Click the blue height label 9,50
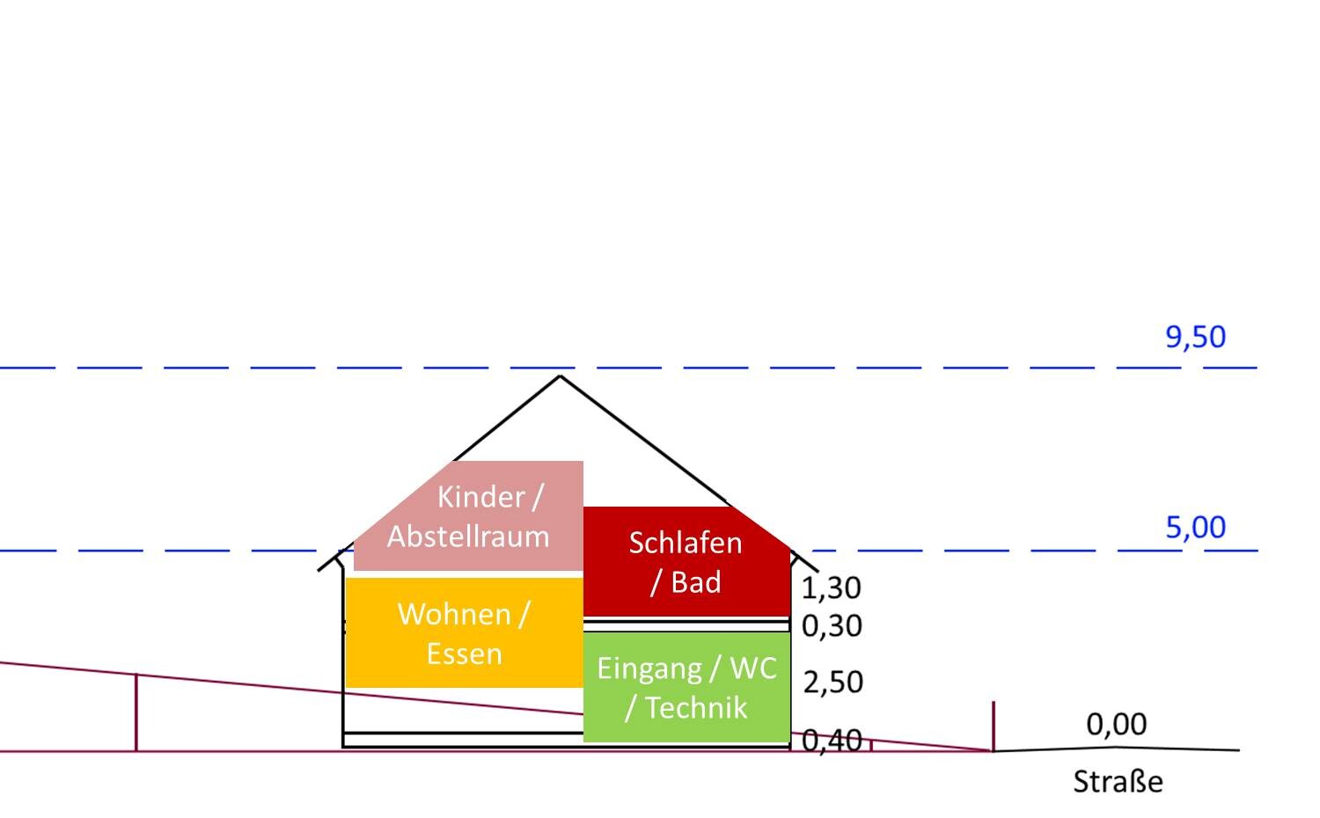click(x=1196, y=337)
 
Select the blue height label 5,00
click(x=1196, y=527)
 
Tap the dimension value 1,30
click(x=832, y=588)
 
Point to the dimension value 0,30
click(x=832, y=625)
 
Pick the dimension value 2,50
click(x=832, y=682)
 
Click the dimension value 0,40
click(x=832, y=740)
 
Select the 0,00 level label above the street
click(x=1116, y=724)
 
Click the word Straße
click(x=1118, y=781)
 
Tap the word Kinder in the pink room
click(x=480, y=497)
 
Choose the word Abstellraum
click(x=468, y=537)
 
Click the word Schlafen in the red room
click(x=686, y=543)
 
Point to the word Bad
click(x=696, y=582)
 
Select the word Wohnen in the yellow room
click(x=454, y=614)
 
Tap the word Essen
click(x=465, y=654)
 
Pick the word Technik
click(x=697, y=707)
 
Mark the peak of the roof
click(x=560, y=376)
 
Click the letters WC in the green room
click(x=753, y=668)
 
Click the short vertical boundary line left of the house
click(x=136, y=712)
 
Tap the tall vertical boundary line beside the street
click(x=994, y=727)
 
